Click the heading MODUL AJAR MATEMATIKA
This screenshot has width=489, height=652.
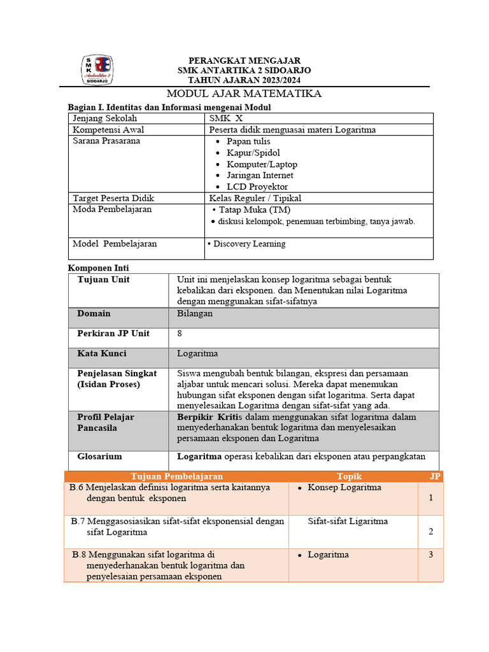244,94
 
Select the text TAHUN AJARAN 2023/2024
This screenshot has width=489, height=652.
244,80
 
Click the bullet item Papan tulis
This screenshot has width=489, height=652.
248,141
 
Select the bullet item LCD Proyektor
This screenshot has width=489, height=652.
257,187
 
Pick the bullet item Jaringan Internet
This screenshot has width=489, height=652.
260,175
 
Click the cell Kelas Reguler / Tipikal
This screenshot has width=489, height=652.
255,198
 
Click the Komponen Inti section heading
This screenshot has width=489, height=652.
98,268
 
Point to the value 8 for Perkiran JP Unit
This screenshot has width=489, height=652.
180,334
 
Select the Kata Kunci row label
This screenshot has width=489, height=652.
102,353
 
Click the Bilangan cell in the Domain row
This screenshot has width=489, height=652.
195,313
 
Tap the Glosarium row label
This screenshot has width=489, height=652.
99,457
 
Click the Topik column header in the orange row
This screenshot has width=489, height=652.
349,476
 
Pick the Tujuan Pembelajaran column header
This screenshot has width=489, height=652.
177,476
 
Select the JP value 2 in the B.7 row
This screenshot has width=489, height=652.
431,532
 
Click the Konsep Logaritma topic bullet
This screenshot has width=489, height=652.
344,488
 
